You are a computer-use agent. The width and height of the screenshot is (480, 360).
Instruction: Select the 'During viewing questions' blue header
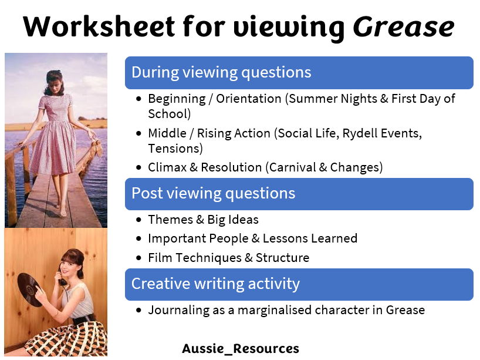pos(221,72)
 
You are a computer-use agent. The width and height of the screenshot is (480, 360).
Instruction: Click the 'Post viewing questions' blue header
pos(213,193)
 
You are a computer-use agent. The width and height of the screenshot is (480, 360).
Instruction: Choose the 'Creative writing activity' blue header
pos(215,284)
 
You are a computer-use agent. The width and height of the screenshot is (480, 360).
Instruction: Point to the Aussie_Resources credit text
pos(240,348)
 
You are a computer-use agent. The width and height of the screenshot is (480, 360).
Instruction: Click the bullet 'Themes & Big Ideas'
pos(203,220)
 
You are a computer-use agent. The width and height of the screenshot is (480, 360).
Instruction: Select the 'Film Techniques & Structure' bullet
pos(228,257)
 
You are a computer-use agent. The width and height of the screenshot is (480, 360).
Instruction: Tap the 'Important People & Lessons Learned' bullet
pos(252,238)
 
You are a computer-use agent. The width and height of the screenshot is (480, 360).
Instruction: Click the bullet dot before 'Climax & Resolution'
pos(138,168)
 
